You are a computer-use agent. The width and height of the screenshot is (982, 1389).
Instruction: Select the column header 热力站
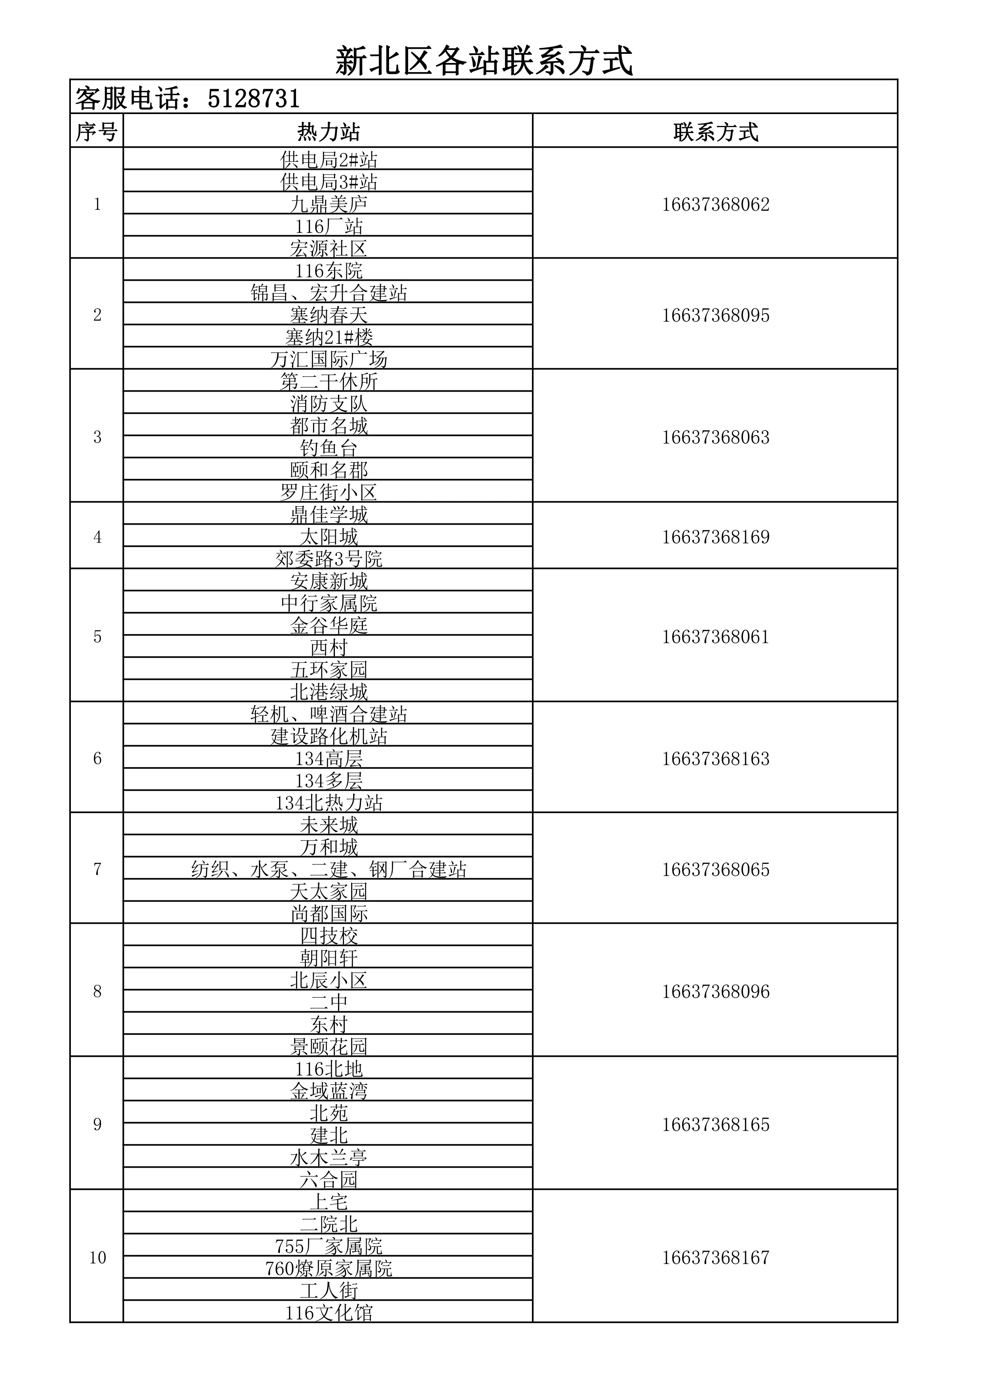tap(329, 132)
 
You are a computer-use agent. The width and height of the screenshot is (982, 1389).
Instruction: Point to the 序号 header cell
tap(97, 132)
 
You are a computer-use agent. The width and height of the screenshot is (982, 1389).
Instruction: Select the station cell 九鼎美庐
tap(329, 204)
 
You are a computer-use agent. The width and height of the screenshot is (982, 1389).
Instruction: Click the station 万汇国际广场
tap(329, 360)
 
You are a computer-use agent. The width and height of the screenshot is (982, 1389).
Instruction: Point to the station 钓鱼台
tap(329, 448)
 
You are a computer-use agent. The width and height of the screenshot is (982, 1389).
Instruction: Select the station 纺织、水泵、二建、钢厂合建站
tap(329, 870)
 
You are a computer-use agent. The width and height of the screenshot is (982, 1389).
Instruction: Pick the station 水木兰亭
tap(329, 1157)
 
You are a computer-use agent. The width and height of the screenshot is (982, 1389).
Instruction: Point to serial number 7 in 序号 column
tap(97, 870)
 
